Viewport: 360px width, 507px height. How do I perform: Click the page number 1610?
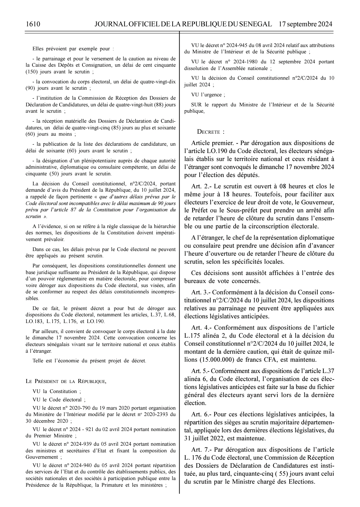pyautogui.click(x=33, y=24)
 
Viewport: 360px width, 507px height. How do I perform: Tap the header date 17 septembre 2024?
pyautogui.click(x=305, y=24)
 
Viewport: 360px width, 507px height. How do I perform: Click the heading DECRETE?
pyautogui.click(x=211, y=132)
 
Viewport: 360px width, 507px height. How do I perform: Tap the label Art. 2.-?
pyautogui.click(x=201, y=186)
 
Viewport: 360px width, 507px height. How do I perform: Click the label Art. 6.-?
pyautogui.click(x=201, y=414)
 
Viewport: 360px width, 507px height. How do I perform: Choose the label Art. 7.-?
pyautogui.click(x=201, y=450)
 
